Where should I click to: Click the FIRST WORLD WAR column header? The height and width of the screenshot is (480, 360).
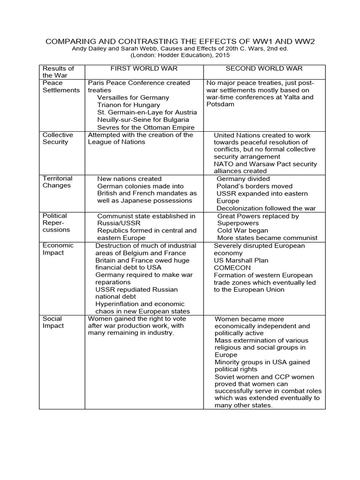tap(144, 68)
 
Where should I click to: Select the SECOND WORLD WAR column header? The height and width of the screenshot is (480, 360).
tap(263, 68)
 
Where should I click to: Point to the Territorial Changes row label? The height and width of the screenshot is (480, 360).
tap(57, 182)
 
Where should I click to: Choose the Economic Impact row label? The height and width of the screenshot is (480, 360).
tap(58, 249)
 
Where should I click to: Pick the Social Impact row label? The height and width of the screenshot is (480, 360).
tap(53, 322)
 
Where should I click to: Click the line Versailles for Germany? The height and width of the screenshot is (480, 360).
tap(133, 97)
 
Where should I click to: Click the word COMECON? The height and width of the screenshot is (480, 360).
tap(232, 268)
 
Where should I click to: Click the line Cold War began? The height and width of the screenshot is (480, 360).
tap(243, 231)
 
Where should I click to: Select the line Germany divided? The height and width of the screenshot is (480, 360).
tap(243, 179)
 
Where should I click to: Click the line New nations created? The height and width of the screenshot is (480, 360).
tap(129, 179)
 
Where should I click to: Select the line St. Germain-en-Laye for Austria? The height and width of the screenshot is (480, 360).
tap(147, 112)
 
